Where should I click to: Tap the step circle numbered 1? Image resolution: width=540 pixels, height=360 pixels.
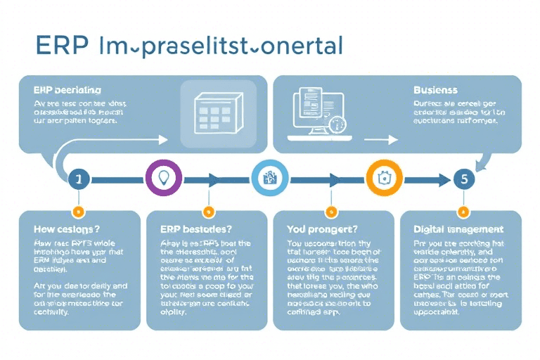tap(78, 179)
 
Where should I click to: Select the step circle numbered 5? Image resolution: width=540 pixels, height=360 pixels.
tap(463, 179)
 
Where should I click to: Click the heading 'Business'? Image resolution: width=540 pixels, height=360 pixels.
tap(436, 90)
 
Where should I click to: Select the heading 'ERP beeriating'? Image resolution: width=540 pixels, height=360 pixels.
tap(67, 90)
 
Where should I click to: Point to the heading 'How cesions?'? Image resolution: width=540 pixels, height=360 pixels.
tap(67, 229)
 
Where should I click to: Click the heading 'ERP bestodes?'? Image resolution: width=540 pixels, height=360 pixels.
tap(191, 229)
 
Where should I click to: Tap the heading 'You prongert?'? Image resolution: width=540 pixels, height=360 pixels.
tap(323, 229)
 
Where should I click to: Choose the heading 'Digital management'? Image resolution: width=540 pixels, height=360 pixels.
tap(458, 229)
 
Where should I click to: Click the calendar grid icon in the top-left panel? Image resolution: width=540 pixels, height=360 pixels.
tap(212, 112)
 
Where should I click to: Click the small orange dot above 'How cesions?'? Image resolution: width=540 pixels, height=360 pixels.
tap(78, 211)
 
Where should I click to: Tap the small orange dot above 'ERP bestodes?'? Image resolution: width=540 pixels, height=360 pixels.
tap(207, 211)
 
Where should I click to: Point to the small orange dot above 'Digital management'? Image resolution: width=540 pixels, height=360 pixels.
tap(463, 211)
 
